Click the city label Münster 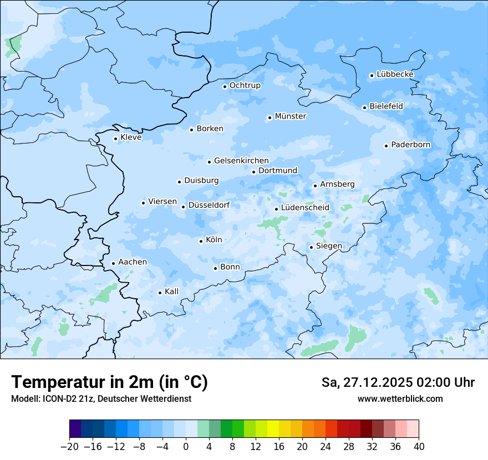[x=291, y=116]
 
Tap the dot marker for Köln [x=201, y=241]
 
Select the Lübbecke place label [x=395, y=74]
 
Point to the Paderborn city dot [x=386, y=146]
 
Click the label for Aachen [x=133, y=262]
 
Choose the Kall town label [x=171, y=292]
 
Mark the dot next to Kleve [x=115, y=139]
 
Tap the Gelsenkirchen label [x=241, y=161]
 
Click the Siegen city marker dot [x=311, y=247]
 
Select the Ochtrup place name [x=245, y=85]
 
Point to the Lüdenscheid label [x=305, y=208]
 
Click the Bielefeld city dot [x=364, y=108]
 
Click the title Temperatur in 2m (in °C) [x=109, y=382]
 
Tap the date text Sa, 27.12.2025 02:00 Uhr [x=398, y=383]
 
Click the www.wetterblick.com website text [x=400, y=398]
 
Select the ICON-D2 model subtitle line [x=101, y=398]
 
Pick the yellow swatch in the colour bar [x=273, y=429]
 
